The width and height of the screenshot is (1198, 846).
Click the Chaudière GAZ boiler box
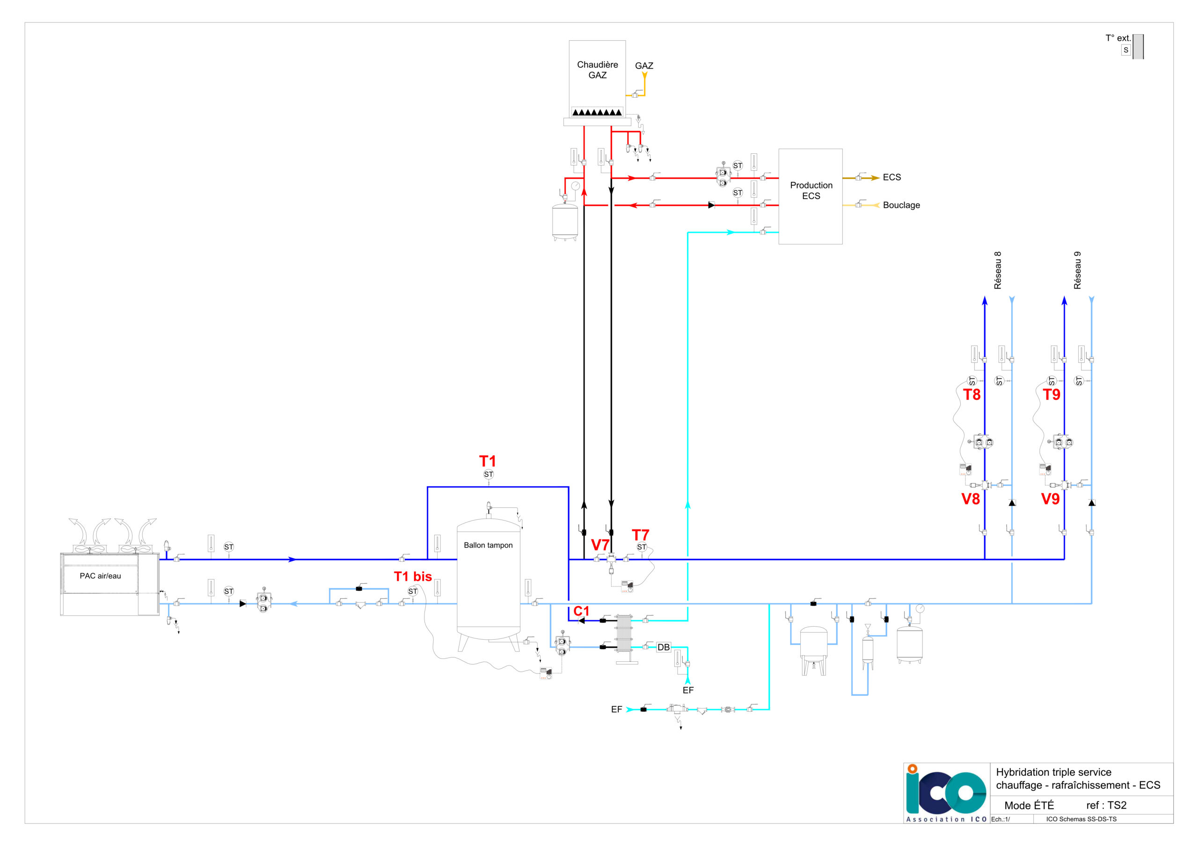[x=597, y=78]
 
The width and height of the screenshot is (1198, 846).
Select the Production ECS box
[x=811, y=196]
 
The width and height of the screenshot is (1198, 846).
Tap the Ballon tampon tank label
[x=488, y=545]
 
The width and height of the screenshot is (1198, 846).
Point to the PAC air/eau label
[x=100, y=576]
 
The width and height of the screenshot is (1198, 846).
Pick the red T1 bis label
[x=413, y=576]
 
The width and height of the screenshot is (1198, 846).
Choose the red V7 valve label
[x=600, y=545]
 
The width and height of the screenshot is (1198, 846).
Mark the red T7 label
[x=640, y=535]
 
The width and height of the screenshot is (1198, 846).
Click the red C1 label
[x=581, y=611]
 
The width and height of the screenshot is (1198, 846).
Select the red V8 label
[x=971, y=499]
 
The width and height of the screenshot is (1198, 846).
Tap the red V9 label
[x=1050, y=499]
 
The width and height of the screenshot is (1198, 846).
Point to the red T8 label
[x=972, y=395]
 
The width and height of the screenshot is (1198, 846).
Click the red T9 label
[x=1052, y=395]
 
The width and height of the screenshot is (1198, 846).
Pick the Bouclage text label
[x=901, y=205]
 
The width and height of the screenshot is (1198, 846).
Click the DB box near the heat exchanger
[x=663, y=647]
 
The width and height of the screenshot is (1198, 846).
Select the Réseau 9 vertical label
[x=1077, y=270]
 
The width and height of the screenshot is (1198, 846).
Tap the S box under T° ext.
[x=1126, y=50]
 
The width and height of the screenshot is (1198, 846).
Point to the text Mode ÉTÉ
[x=1029, y=805]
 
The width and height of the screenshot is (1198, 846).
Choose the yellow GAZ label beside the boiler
[x=644, y=66]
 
